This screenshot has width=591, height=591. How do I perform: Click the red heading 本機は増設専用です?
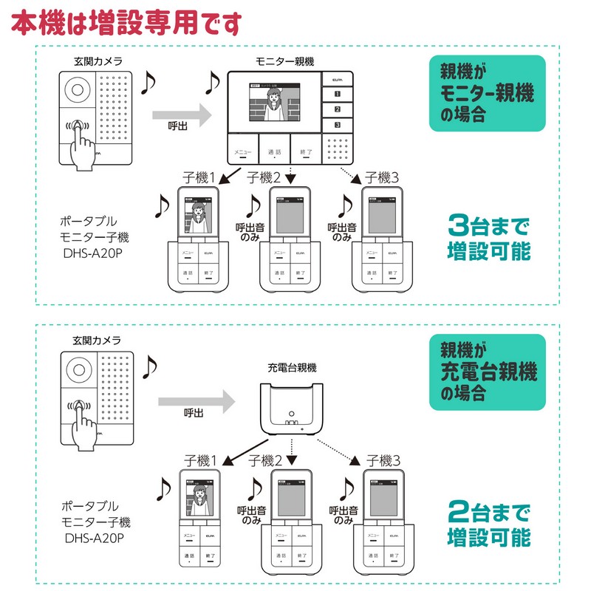tap(126, 22)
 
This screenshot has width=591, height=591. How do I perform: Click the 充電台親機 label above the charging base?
tap(292, 367)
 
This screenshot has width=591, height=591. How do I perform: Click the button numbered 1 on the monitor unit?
tap(338, 94)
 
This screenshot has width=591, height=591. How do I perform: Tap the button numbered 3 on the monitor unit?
tap(338, 125)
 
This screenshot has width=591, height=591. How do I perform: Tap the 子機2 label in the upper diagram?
tap(264, 177)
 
